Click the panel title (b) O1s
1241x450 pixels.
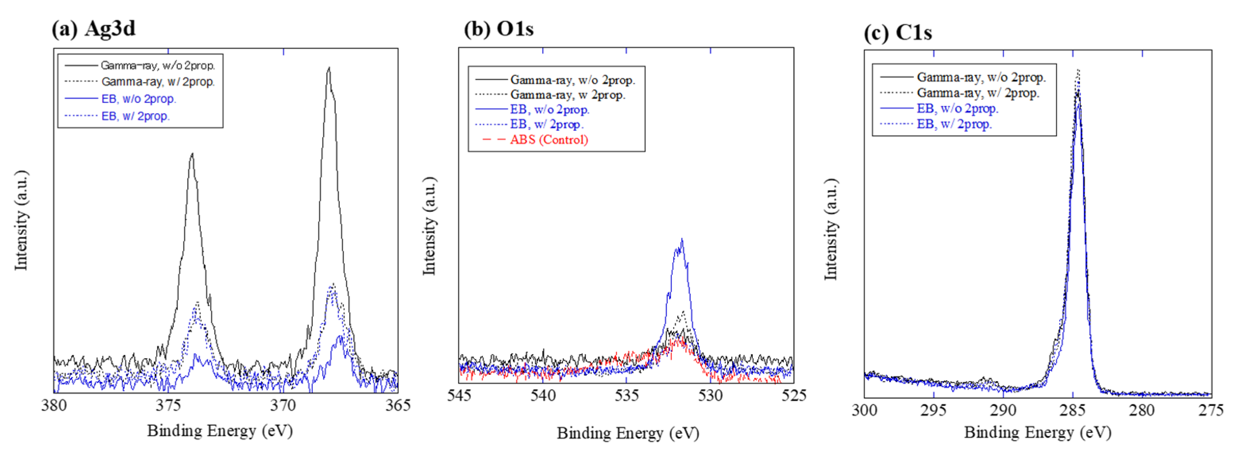(x=499, y=29)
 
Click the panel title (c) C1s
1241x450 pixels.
(x=898, y=32)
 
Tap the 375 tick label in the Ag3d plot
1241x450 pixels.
(x=168, y=405)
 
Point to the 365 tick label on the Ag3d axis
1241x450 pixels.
(x=398, y=405)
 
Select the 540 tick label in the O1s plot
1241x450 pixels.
(x=543, y=396)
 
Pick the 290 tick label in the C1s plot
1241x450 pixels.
(x=1003, y=411)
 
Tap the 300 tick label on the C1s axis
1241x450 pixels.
(x=865, y=411)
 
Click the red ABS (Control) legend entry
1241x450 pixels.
(x=549, y=140)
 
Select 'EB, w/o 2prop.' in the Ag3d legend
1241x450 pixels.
(x=139, y=99)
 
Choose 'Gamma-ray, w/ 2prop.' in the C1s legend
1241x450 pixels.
(x=978, y=93)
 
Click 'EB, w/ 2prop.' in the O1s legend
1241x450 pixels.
(x=547, y=124)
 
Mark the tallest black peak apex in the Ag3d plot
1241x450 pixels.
(x=329, y=68)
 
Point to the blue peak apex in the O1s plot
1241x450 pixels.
(x=682, y=239)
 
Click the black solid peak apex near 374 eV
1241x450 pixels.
(x=192, y=154)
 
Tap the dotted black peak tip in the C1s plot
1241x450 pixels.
(x=1079, y=70)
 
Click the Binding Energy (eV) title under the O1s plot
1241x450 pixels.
(x=628, y=433)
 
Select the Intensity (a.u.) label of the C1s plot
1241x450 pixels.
(x=831, y=229)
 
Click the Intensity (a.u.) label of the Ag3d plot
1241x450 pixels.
(x=21, y=220)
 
